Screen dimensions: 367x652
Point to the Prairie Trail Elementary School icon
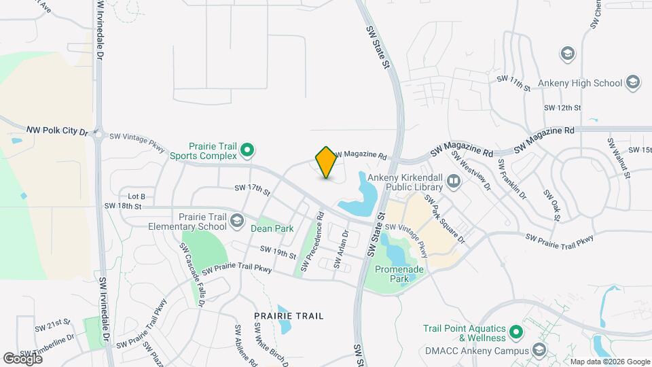pos(237,220)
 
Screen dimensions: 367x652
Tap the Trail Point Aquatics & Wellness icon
pos(515,332)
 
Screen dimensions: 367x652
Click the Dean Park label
pos(272,228)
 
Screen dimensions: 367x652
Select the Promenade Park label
pos(399,274)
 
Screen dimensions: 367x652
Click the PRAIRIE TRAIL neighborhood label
pos(289,316)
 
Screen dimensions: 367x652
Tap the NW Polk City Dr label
pos(58,130)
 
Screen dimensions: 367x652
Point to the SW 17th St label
pos(253,188)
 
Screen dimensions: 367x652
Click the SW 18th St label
pos(123,205)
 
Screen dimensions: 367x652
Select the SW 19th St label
pos(278,252)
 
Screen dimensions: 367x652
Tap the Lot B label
pos(137,196)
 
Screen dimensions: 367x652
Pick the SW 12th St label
pos(562,108)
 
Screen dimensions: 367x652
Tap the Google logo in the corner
pos(22,358)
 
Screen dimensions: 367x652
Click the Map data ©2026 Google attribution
pos(609,362)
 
